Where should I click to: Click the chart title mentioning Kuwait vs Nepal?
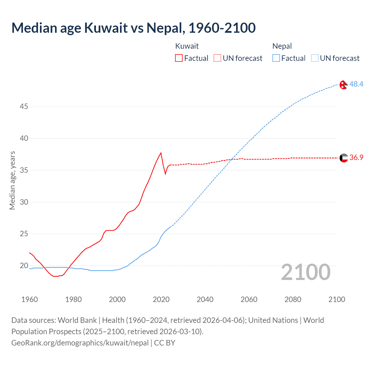(x=133, y=28)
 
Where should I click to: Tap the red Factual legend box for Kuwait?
(x=179, y=58)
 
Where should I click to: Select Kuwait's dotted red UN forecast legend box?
(x=217, y=58)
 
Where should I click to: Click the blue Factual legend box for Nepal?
(x=276, y=58)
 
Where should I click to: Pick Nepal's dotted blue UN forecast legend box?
(x=314, y=58)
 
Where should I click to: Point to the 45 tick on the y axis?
(x=24, y=107)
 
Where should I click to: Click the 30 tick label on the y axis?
(x=24, y=202)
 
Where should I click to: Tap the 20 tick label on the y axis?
(x=24, y=265)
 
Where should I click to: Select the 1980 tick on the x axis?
(x=73, y=299)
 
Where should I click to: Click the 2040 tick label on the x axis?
(x=205, y=299)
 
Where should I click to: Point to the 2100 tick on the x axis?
(x=337, y=299)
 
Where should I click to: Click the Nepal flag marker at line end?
(x=343, y=85)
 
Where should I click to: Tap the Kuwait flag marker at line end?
(x=343, y=158)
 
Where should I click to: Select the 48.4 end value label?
(x=356, y=84)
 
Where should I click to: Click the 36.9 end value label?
(x=356, y=157)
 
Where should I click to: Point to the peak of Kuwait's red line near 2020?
(x=161, y=153)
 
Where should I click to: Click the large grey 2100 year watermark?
(x=305, y=272)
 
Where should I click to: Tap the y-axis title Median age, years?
(x=12, y=180)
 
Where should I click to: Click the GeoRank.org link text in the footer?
(x=80, y=343)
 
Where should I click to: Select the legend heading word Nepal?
(x=282, y=46)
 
